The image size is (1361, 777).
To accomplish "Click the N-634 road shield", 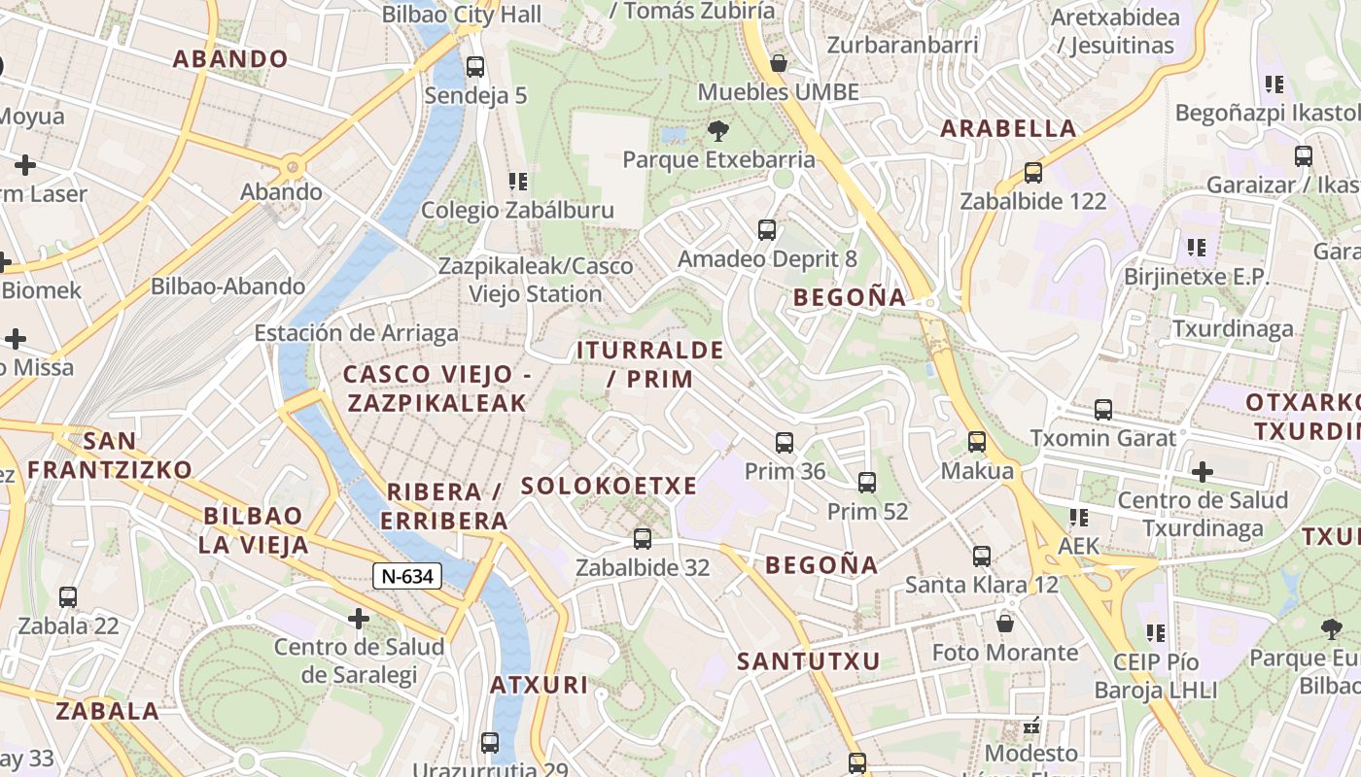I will point(407,576).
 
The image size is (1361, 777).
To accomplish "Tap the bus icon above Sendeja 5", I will point(475,67).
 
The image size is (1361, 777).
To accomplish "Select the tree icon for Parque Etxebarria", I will point(718,130).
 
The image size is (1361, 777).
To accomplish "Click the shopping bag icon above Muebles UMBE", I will point(779,63).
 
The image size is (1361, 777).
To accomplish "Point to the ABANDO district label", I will point(230,58).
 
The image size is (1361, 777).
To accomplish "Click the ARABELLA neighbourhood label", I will point(1008,128).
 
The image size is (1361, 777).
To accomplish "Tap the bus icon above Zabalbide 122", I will point(1033,173).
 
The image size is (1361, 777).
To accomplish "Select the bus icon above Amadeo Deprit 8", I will point(767,230).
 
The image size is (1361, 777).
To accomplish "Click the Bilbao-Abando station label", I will point(227,287).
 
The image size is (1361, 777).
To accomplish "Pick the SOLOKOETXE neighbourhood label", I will point(609,486).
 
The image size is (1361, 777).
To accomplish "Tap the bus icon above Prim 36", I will point(785,443).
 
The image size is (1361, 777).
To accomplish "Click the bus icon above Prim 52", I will point(867,482).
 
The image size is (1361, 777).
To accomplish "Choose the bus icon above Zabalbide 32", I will point(643,538).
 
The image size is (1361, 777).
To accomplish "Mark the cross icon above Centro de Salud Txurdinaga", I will point(1203,472).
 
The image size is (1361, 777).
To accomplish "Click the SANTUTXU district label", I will point(808,661).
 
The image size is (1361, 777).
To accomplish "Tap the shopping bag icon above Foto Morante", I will point(1005,623).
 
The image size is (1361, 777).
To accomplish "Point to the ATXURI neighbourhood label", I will point(539,685).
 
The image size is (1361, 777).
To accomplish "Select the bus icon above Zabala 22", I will point(68,597).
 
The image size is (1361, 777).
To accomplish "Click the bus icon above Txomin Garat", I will point(1103,410).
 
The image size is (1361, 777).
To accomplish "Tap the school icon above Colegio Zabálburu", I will point(518,181).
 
